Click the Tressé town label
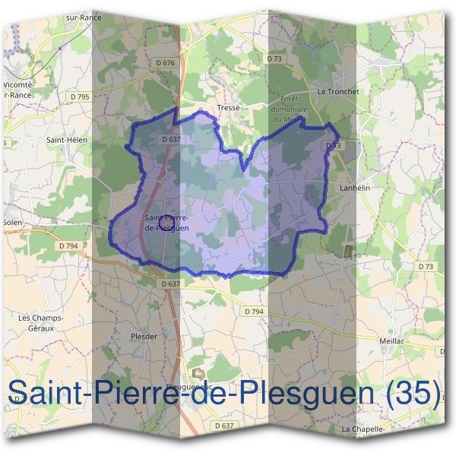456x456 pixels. click(x=228, y=108)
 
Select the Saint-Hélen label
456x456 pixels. click(x=67, y=140)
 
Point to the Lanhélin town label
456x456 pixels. click(x=353, y=186)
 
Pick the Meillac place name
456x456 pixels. click(x=393, y=342)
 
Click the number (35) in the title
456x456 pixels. click(x=413, y=393)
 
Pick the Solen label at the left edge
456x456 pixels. click(x=11, y=222)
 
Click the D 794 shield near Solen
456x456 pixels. click(x=68, y=245)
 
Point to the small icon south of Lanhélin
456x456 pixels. click(x=349, y=251)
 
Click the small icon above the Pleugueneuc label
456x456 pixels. click(x=199, y=372)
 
